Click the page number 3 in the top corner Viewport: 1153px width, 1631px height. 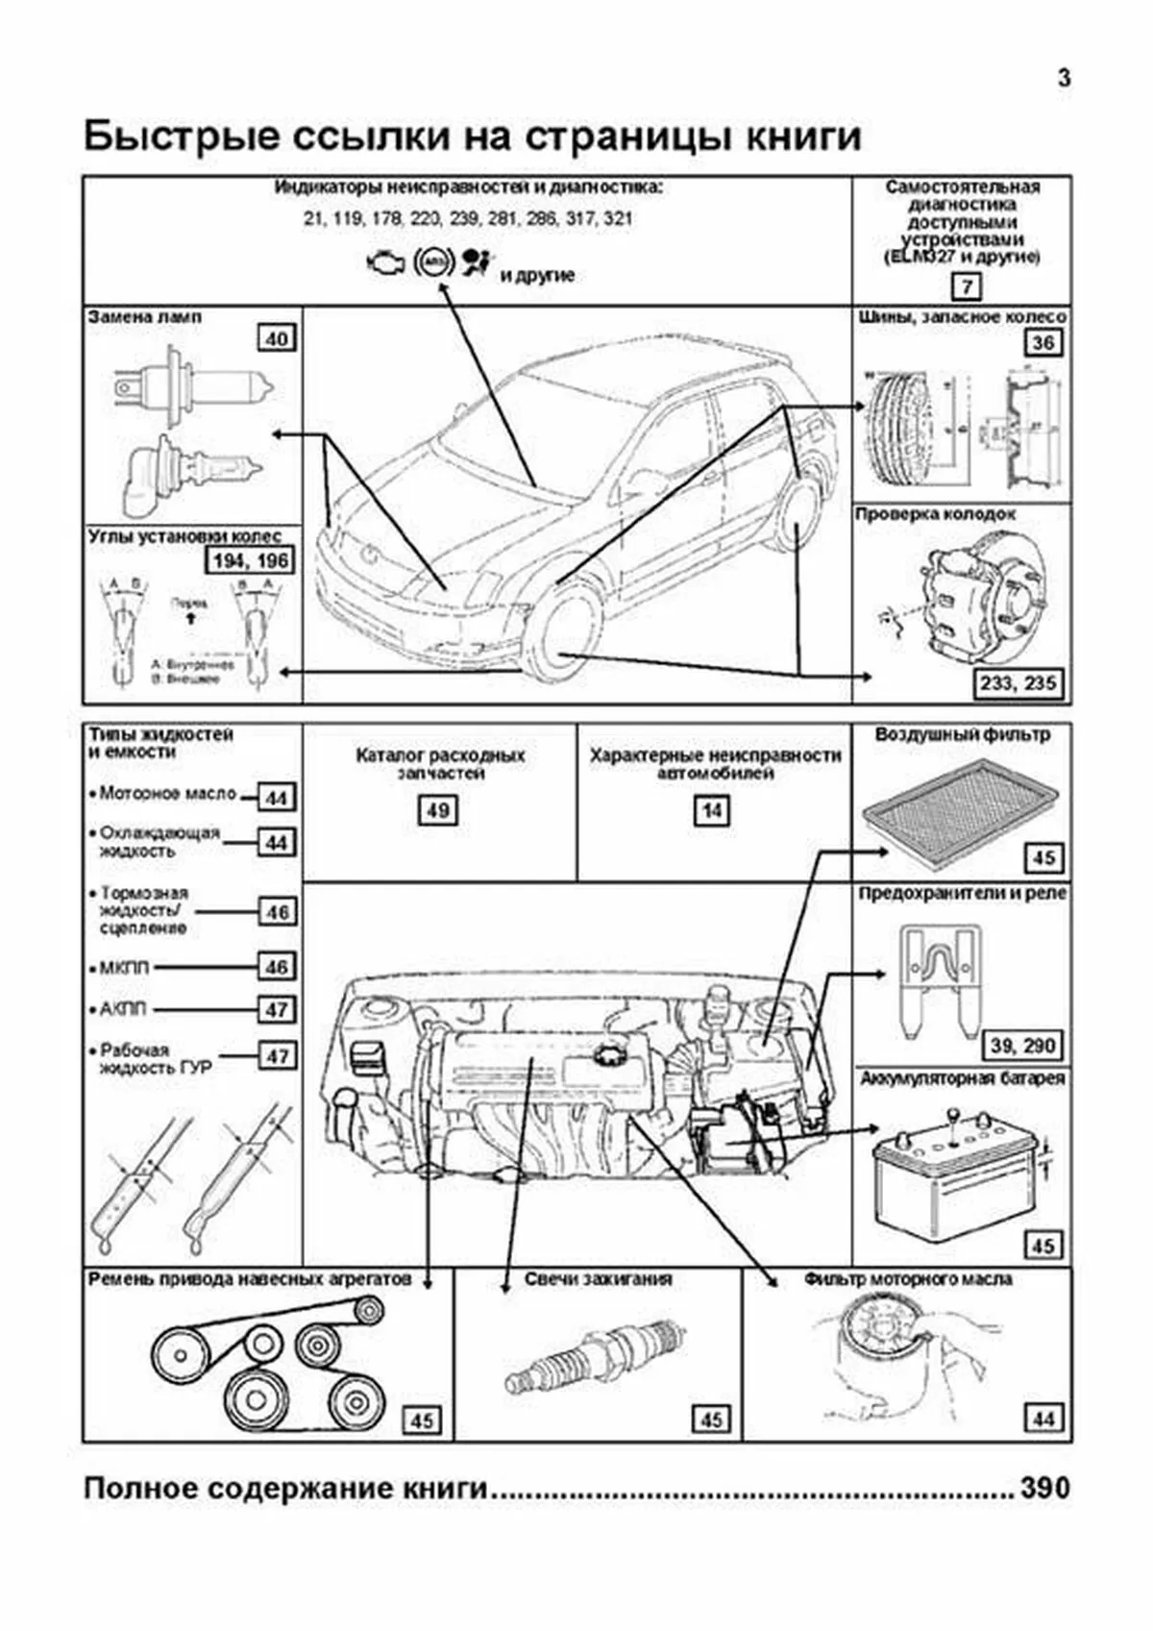click(1064, 79)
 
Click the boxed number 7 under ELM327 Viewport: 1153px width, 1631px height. click(967, 286)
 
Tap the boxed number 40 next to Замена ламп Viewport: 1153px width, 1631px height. click(277, 338)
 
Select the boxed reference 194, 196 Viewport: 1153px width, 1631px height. click(249, 560)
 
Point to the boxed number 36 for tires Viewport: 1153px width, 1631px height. click(1043, 342)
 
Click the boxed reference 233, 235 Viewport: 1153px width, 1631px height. click(1018, 683)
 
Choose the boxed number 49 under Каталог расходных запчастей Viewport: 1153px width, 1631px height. click(438, 810)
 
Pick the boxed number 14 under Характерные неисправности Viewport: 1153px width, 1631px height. click(712, 810)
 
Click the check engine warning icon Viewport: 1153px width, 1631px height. click(384, 262)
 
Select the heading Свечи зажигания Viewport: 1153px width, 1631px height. click(598, 1279)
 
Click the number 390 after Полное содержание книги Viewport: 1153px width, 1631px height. click(1044, 1488)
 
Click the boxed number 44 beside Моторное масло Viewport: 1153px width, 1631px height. click(277, 798)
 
